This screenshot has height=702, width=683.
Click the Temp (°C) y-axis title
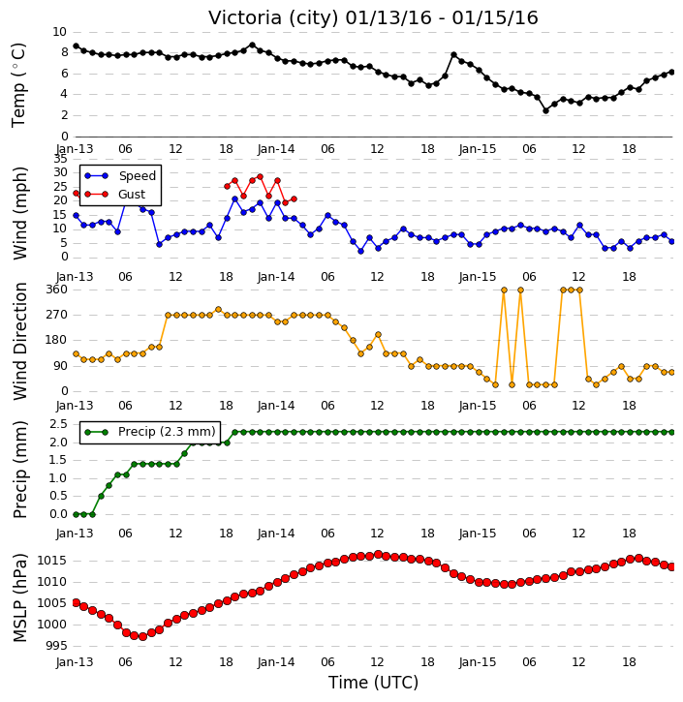18,85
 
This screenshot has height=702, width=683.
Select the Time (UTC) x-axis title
373,683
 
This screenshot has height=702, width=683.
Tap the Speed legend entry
120,176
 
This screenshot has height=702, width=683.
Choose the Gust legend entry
115,195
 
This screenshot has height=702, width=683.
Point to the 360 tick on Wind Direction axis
57,290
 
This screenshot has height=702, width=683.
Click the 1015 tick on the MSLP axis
52,561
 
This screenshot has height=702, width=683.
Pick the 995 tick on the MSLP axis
55,646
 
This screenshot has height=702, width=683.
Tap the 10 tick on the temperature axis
59,32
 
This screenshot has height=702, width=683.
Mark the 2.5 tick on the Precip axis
59,424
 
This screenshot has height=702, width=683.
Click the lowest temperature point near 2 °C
545,110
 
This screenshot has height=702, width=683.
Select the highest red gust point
260,177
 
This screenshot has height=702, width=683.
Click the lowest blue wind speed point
360,252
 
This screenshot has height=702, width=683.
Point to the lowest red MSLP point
142,636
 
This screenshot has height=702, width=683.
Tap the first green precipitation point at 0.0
76,514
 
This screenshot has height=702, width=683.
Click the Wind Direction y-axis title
20,341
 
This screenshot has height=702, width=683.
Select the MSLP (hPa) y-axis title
20,598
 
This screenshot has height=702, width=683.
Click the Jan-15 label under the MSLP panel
478,662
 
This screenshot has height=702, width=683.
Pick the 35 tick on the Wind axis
60,159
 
